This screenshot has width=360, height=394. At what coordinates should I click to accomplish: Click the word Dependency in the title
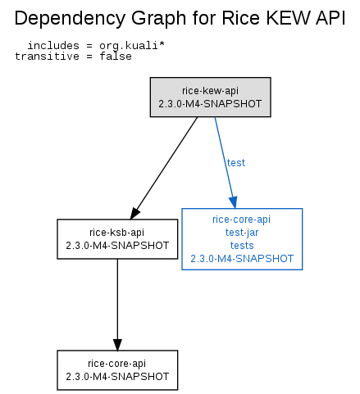[x=71, y=19]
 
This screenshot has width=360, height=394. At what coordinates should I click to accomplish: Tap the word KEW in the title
[x=289, y=18]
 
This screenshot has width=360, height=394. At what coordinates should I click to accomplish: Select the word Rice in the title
[x=240, y=18]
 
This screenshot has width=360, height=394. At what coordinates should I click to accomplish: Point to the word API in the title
[x=330, y=18]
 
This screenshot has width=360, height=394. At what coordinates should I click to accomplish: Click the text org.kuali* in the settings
[x=132, y=46]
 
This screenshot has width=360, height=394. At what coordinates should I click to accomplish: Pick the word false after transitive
[x=116, y=57]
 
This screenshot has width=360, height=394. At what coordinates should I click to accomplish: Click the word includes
[x=53, y=45]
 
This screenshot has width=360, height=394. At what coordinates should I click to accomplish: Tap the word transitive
[x=47, y=57]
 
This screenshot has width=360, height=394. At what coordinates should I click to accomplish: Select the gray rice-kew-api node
[x=211, y=97]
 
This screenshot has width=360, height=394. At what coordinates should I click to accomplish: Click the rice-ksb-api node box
[x=117, y=239]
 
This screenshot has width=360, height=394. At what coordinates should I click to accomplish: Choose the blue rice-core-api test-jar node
[x=242, y=239]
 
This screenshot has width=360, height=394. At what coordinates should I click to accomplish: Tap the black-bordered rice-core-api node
[x=117, y=370]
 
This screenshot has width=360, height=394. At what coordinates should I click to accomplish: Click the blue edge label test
[x=236, y=163]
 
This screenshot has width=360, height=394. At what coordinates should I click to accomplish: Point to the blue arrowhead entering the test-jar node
[x=233, y=202]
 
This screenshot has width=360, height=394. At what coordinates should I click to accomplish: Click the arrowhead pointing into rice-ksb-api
[x=134, y=213]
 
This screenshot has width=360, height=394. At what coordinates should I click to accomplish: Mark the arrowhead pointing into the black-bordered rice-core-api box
[x=117, y=345]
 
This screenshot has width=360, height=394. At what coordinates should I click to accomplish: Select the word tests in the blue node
[x=242, y=246]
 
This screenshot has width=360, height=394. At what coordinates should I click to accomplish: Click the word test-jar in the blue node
[x=242, y=233]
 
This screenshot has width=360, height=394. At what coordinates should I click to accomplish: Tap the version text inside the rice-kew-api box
[x=210, y=104]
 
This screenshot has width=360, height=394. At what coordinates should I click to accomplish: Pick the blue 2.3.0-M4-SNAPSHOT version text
[x=242, y=259]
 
